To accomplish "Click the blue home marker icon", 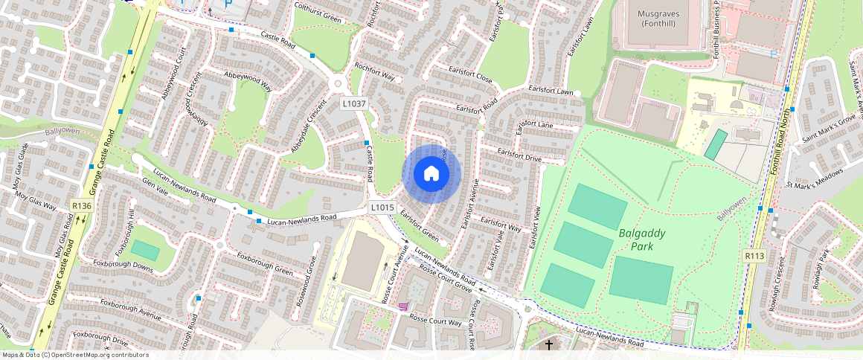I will point(431,174).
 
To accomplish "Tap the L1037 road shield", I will point(354,105).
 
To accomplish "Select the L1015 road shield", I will point(382,207).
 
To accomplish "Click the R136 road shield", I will point(81,205).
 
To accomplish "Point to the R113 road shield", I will point(754,256).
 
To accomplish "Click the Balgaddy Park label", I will point(642,239).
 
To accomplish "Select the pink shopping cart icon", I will point(403,306).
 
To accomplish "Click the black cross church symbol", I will point(550,344).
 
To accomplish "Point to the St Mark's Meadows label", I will point(815,179).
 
